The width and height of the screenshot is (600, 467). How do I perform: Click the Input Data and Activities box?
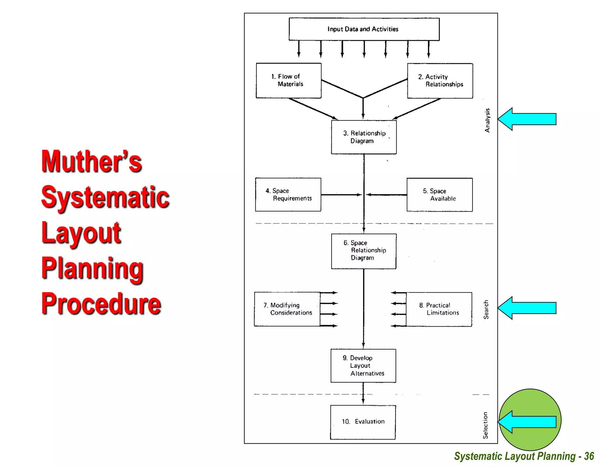point(364,29)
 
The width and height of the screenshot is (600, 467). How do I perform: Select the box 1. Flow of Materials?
point(289,80)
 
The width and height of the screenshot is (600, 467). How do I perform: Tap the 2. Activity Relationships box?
point(440,81)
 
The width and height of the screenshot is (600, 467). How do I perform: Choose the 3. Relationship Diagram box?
point(364,137)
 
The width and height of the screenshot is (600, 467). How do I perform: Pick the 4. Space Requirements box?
point(288,194)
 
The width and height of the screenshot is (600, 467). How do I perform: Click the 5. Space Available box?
point(439,195)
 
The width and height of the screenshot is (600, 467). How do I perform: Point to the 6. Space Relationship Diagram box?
point(364,251)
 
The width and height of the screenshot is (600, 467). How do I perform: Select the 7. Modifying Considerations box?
point(287,309)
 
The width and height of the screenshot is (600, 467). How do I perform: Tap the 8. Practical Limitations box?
point(439,309)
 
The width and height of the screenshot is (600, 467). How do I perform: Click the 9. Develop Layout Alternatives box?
point(363,366)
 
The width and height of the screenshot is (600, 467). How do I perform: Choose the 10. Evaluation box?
point(363,422)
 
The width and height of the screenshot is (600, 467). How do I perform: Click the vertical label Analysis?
point(487,120)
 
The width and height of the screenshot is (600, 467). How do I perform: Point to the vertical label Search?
point(486,310)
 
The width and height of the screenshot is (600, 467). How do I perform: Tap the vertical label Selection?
point(485,425)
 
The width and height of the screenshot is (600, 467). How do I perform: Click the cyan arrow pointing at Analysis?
point(527,119)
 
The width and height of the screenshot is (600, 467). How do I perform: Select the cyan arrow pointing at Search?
point(527,308)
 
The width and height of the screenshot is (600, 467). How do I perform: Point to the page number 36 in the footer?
point(589,456)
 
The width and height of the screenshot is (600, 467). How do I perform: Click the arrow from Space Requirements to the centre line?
point(341,195)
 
